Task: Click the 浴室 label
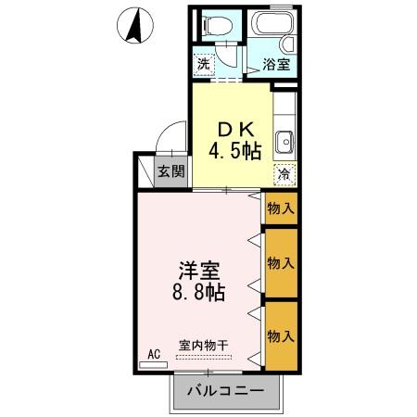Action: (277, 65)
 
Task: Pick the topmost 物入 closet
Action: (280, 208)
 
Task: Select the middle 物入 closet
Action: (280, 261)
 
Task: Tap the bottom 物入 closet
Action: (280, 334)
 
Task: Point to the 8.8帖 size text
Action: (199, 294)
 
